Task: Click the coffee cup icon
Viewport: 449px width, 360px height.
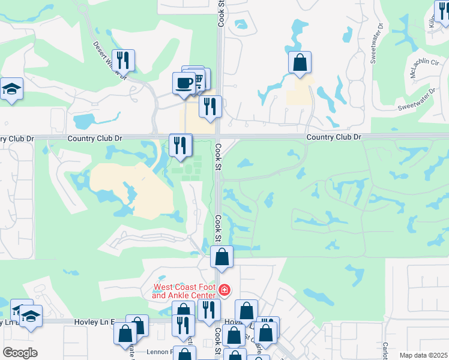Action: point(184,83)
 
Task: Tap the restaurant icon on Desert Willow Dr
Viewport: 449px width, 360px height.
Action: point(123,60)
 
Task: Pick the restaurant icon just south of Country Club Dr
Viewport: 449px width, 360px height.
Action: point(180,145)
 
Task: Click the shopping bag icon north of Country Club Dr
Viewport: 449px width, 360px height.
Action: point(300,62)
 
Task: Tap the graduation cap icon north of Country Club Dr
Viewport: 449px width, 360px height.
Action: point(11,89)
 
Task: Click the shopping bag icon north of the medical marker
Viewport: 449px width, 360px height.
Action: point(221,256)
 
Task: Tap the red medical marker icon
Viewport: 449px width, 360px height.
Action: point(224,290)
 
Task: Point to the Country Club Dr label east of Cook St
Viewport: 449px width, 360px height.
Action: point(334,137)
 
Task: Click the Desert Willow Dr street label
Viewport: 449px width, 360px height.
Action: point(110,60)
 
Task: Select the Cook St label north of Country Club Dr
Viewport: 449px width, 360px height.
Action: point(220,12)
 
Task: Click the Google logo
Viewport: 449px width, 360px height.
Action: point(20,353)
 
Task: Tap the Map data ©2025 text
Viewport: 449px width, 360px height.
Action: point(423,355)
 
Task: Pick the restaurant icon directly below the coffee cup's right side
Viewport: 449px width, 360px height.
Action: point(209,106)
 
